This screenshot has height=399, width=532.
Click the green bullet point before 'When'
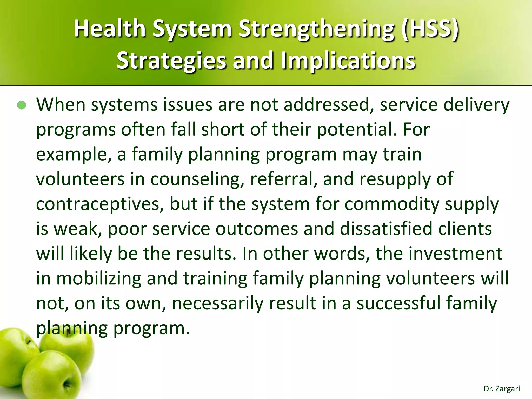[22, 105]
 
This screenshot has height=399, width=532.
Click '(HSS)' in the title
[430, 29]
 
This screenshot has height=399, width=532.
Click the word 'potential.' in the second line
[357, 129]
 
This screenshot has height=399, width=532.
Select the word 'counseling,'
[197, 179]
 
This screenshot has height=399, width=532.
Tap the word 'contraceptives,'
[100, 204]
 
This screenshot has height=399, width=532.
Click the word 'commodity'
[392, 204]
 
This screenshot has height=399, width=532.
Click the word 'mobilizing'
[99, 278]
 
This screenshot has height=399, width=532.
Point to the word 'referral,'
[283, 179]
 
